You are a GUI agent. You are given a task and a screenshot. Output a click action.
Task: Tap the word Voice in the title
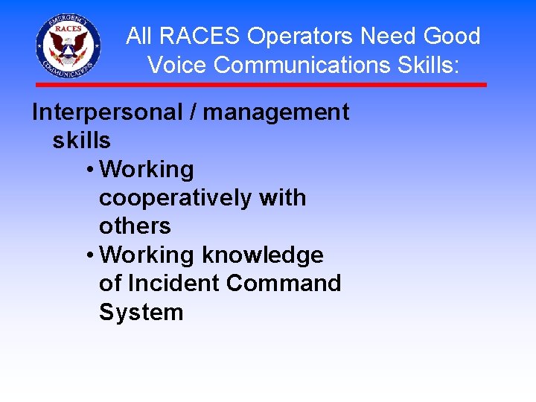pyautogui.click(x=178, y=65)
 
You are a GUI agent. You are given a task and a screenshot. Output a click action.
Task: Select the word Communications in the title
pyautogui.click(x=299, y=65)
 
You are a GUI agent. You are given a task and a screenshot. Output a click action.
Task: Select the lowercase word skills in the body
pyautogui.click(x=81, y=141)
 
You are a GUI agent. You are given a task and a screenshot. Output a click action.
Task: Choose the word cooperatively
pyautogui.click(x=175, y=198)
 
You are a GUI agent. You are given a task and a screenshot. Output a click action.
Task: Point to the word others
pyautogui.click(x=135, y=226)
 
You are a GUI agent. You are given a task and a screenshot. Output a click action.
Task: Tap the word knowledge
pyautogui.click(x=263, y=255)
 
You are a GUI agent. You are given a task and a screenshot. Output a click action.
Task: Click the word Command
pyautogui.click(x=284, y=284)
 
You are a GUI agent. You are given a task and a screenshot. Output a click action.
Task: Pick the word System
pyautogui.click(x=141, y=312)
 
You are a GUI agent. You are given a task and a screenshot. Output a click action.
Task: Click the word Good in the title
pyautogui.click(x=452, y=36)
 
